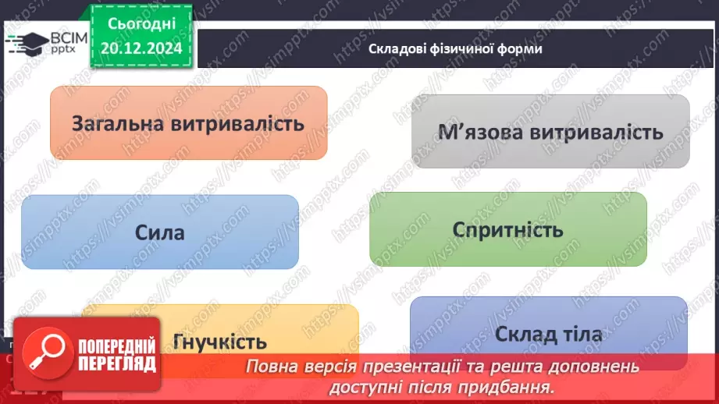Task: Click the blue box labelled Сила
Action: pos(159,232)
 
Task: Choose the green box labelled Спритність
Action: pos(507,230)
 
